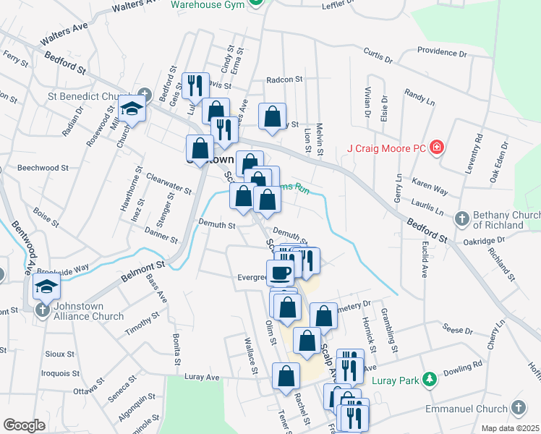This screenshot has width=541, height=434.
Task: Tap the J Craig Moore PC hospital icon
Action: pyautogui.click(x=437, y=148)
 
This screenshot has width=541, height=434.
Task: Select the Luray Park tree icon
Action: pyautogui.click(x=430, y=379)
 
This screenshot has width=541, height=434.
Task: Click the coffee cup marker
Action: pyautogui.click(x=280, y=272)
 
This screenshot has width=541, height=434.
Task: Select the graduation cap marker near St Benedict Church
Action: pyautogui.click(x=132, y=109)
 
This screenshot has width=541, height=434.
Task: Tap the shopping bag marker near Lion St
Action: pyautogui.click(x=272, y=116)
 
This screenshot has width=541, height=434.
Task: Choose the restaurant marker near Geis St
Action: pyautogui.click(x=195, y=86)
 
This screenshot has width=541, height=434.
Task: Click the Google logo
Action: pyautogui.click(x=24, y=425)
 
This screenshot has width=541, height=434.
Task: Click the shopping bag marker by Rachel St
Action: pyautogui.click(x=286, y=375)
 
